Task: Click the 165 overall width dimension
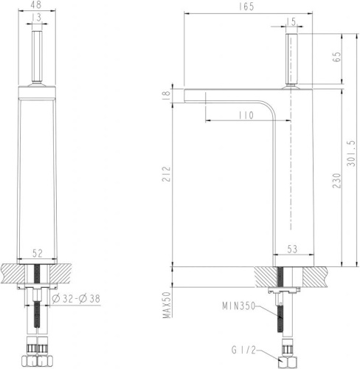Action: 247,7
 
